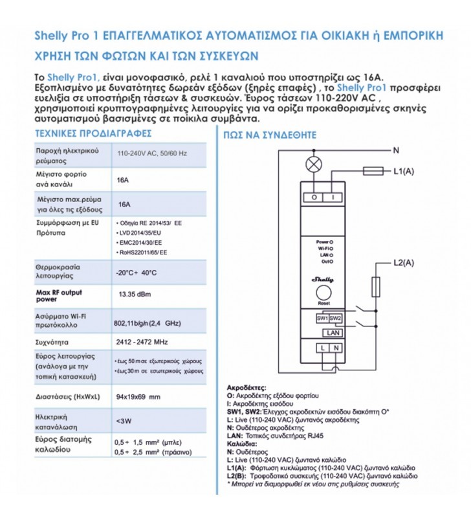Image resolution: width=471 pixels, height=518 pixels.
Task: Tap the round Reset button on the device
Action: coord(323,294)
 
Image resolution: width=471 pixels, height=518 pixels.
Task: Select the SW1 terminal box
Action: coord(323,319)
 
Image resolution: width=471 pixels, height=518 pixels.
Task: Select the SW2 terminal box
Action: coord(335,319)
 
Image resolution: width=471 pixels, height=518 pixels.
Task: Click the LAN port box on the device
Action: coord(329,332)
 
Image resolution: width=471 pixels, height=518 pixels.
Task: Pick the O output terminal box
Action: coord(314,197)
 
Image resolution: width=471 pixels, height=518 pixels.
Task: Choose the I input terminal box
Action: coord(332,197)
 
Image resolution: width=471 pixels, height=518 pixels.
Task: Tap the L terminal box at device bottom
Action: coord(322,348)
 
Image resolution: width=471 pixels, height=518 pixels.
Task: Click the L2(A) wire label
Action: coord(404,262)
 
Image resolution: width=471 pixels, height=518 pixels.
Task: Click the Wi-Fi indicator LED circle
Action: coord(333,248)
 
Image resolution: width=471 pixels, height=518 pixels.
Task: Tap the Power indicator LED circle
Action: coord(333,241)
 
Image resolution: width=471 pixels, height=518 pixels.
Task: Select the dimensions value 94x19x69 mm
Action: coord(137,396)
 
